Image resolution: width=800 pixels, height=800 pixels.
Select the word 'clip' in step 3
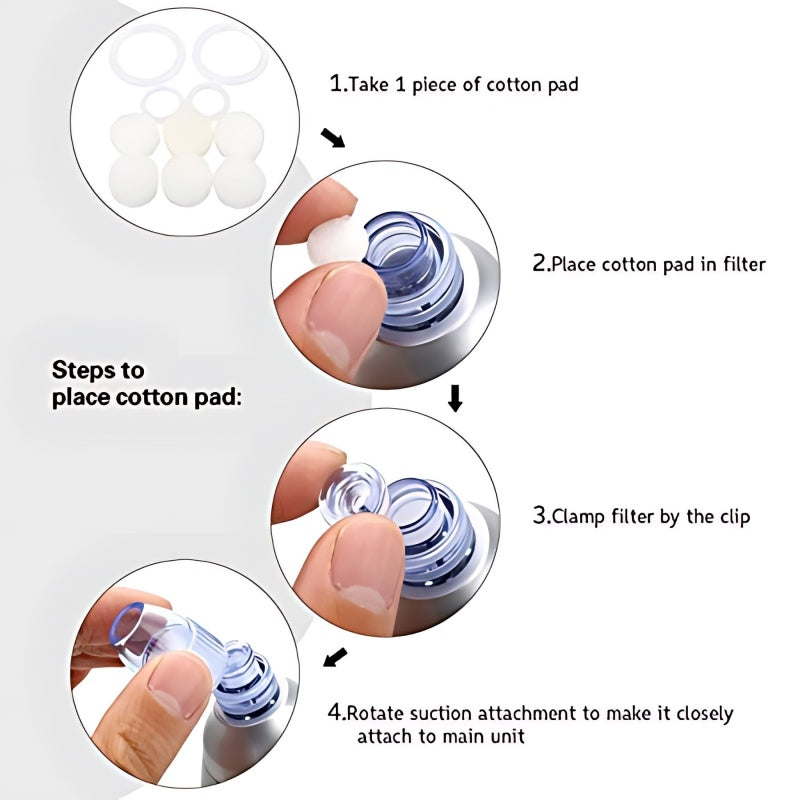click(x=732, y=517)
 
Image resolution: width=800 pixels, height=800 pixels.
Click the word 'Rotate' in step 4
click(x=377, y=714)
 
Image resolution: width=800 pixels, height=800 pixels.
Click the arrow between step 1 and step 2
click(x=332, y=137)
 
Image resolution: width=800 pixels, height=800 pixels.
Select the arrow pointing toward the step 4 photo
click(x=337, y=658)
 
